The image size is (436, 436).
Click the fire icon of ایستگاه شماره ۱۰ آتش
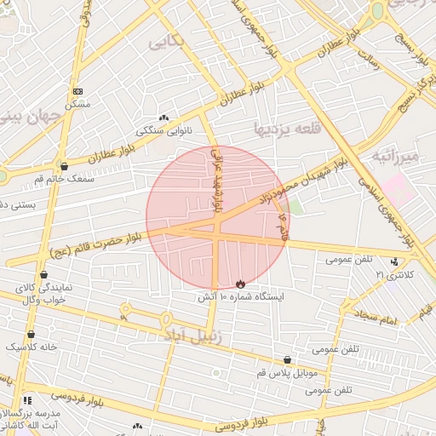click(240, 284)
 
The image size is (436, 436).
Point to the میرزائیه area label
click(397, 157)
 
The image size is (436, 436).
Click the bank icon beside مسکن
click(78, 91)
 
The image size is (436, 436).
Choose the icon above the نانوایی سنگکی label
click(163, 118)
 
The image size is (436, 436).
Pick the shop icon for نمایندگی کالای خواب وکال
click(43, 274)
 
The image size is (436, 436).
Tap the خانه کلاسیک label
click(32, 347)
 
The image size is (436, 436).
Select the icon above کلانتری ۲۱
click(393, 261)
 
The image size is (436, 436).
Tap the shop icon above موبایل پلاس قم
click(287, 360)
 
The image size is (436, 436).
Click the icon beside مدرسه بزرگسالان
click(27, 400)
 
